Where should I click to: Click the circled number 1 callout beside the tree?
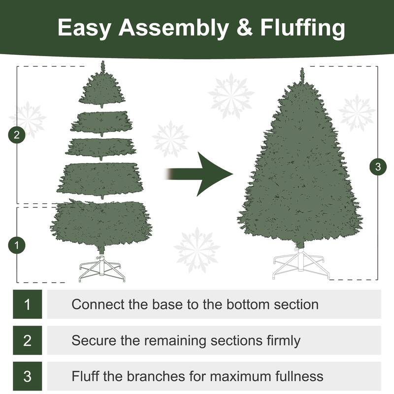[x=17, y=245]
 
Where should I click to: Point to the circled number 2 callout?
[x=17, y=135]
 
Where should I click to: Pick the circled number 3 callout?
[x=378, y=167]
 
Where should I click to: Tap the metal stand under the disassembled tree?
[x=102, y=269]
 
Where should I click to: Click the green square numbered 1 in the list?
[x=27, y=304]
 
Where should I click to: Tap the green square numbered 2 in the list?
[x=27, y=340]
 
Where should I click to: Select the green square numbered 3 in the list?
[x=27, y=377]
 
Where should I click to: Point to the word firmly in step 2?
[x=280, y=340]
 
